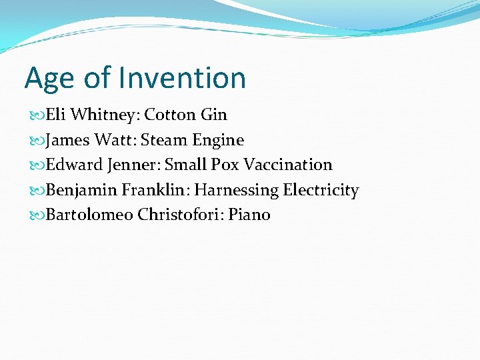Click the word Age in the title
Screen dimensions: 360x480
[x=49, y=79]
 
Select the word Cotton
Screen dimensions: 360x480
[x=170, y=115]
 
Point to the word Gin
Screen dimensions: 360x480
[x=213, y=115]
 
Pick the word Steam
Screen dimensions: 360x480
[x=164, y=140]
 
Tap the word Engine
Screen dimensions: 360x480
[x=218, y=141]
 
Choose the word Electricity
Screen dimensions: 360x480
[x=321, y=191]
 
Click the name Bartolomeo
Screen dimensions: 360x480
[x=89, y=215]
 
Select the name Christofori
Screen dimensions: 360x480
[x=180, y=215]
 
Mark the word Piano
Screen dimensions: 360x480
[x=249, y=215]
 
